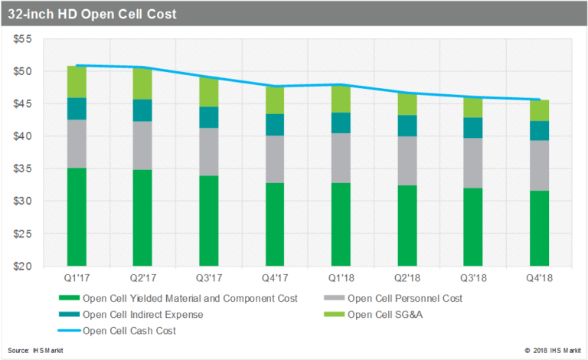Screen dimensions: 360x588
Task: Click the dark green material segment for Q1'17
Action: point(77,217)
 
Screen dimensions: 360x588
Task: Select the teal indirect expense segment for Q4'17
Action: point(275,125)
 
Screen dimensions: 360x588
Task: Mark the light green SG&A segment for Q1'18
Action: point(341,99)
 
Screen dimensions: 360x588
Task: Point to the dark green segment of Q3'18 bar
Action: point(473,227)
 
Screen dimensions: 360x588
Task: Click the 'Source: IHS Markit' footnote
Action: point(36,350)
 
